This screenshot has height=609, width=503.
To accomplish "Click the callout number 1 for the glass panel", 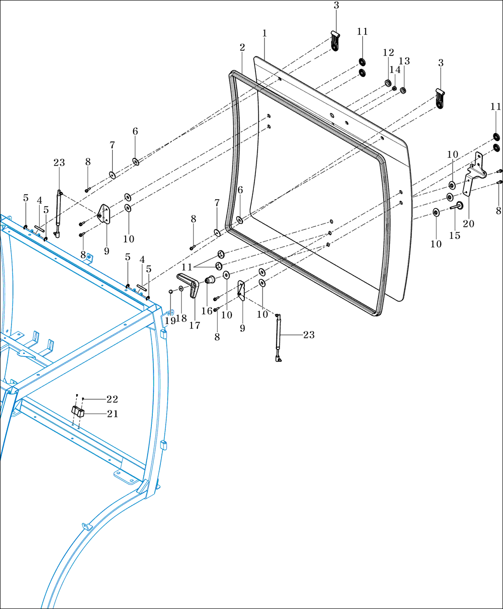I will [x=264, y=34].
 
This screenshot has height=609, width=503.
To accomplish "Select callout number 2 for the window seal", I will [x=242, y=47].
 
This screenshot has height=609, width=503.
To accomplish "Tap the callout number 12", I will [x=388, y=52].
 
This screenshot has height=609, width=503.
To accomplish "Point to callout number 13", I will [x=404, y=61].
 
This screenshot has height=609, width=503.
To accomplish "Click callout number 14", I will [x=395, y=70].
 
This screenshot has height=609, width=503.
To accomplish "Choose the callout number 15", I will [x=454, y=236].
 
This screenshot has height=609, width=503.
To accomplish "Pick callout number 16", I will [x=206, y=311].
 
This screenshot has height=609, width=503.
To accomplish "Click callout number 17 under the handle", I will [x=194, y=326].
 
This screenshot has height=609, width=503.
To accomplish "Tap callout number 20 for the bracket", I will [x=469, y=224].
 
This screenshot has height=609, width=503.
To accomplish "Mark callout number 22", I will [x=112, y=399].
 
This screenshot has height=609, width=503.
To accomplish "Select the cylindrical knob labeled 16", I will [x=209, y=280].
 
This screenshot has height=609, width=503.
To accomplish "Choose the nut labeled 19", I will [x=171, y=291].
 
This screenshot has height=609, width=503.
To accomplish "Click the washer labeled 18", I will [x=181, y=289].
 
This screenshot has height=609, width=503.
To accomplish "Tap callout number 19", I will [x=170, y=321].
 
